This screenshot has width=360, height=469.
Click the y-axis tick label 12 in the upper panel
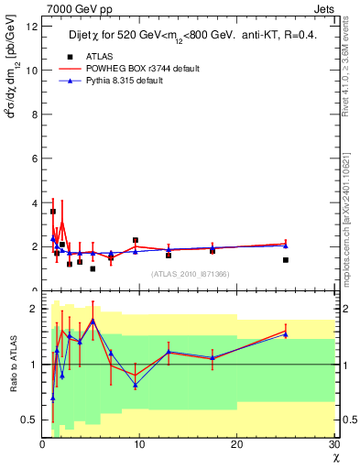coord(32,26)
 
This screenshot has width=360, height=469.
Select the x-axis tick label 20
coord(236,444)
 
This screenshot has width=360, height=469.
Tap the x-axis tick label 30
coord(333,444)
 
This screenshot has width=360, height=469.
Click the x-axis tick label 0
coord(42,444)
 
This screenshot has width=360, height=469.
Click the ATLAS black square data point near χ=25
coord(286,260)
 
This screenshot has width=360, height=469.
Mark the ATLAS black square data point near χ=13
coord(169,256)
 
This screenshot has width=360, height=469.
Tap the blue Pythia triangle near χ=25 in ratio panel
coord(286,334)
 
